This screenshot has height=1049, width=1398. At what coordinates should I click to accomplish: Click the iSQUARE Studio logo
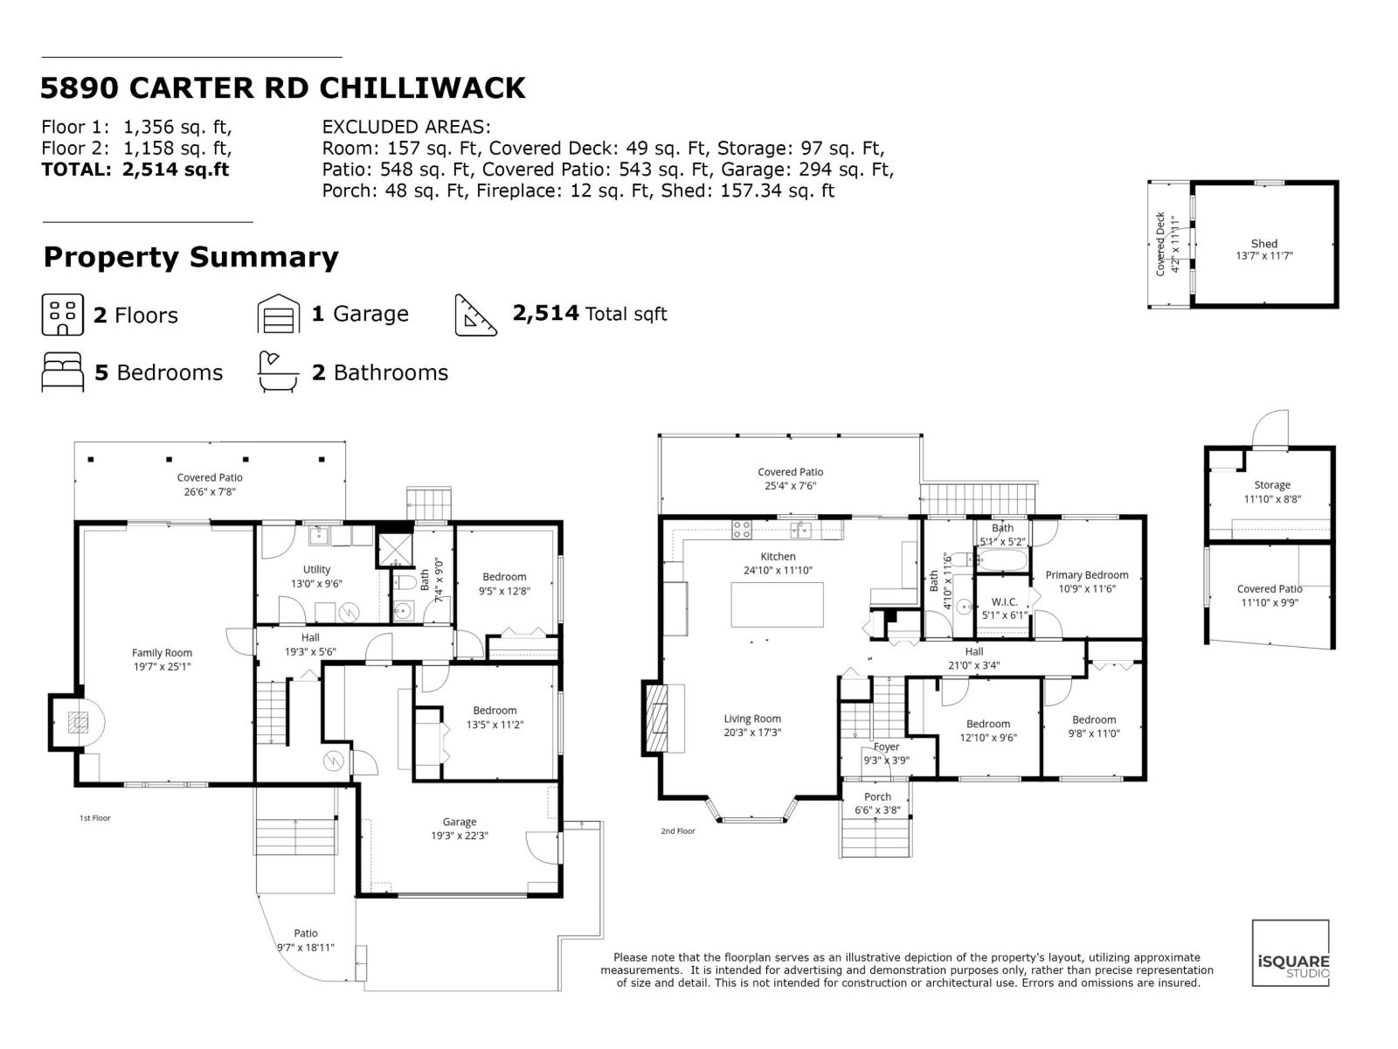tap(1291, 953)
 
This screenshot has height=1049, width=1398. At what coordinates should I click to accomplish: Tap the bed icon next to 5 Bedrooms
tap(63, 372)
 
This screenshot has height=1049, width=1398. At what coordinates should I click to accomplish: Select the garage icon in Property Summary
tap(278, 315)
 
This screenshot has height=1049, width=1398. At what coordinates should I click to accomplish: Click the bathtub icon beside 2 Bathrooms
tap(278, 372)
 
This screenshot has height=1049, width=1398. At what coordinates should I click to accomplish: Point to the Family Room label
tap(162, 653)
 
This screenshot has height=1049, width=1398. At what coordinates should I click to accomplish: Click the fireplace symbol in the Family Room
tap(79, 721)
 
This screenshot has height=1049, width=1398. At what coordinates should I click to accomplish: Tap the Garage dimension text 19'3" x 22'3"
tap(459, 835)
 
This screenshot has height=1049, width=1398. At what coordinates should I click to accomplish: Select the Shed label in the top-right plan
tap(1263, 244)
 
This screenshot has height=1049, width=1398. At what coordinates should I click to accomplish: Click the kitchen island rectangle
tap(777, 604)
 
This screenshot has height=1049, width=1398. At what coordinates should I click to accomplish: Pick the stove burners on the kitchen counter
tap(742, 529)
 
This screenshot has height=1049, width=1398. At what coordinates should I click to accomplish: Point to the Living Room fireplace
tap(654, 718)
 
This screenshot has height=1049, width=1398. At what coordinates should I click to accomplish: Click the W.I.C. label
tap(1004, 602)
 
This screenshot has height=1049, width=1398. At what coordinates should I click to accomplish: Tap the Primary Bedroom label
tap(1086, 575)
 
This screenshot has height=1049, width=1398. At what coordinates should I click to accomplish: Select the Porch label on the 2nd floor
tap(877, 796)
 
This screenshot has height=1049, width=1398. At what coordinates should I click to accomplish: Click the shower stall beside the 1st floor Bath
tap(392, 548)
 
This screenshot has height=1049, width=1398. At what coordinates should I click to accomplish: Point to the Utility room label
tap(316, 569)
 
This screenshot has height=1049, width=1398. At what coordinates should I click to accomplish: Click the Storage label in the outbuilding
tap(1271, 485)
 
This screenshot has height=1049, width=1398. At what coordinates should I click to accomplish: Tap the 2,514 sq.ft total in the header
tap(176, 170)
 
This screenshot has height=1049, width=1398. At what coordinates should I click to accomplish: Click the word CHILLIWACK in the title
tap(422, 88)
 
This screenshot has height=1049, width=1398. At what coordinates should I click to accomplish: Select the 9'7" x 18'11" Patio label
tap(306, 948)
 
